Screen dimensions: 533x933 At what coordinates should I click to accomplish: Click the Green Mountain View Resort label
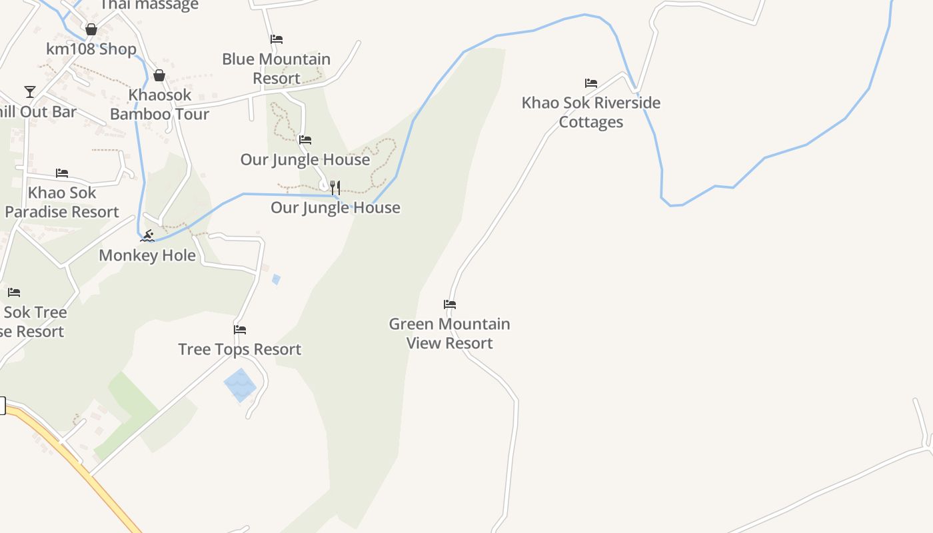pos(450,333)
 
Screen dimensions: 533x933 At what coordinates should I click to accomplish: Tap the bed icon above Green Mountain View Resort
pos(450,304)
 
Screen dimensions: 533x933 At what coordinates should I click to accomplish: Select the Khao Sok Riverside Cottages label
pos(591,112)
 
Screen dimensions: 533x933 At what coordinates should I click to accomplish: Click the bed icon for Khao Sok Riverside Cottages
pos(591,83)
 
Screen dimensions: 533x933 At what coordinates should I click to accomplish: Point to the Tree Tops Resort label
pos(240,349)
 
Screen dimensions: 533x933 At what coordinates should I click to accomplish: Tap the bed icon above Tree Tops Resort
pos(240,330)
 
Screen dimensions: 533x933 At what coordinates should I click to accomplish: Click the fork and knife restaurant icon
pos(335,187)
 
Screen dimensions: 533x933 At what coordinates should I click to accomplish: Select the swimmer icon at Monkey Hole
pos(147,235)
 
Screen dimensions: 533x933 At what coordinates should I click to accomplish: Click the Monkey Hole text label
pos(147,255)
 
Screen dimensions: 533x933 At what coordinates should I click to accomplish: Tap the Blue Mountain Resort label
pos(277,69)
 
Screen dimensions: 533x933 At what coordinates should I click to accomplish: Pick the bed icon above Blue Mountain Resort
pos(277,39)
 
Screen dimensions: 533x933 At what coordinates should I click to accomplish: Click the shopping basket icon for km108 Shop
pos(91,29)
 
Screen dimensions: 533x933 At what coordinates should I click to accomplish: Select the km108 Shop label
pos(91,49)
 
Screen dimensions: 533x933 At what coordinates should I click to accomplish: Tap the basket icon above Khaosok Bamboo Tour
pos(159,75)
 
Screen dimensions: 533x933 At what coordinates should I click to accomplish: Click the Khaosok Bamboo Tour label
pos(160,105)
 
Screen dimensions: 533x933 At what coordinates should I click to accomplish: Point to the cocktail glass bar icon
pos(30,92)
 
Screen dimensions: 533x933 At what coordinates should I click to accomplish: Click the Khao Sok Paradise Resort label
pos(62,203)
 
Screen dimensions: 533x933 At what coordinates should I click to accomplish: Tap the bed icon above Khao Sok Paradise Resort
pos(62,173)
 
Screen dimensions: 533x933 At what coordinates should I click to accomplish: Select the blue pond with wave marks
pos(240,385)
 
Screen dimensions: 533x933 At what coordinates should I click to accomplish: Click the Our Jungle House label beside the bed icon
pos(305,160)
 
